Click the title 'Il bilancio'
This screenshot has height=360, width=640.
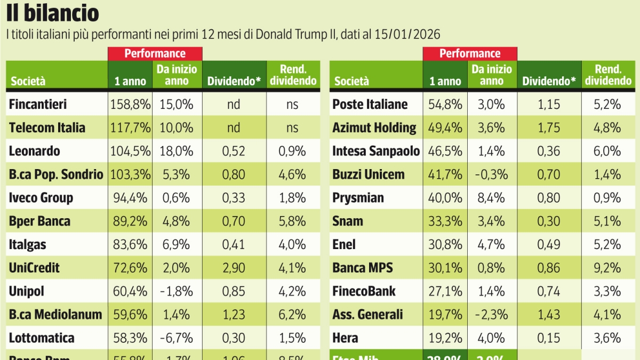53,13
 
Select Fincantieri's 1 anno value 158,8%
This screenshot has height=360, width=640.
130,104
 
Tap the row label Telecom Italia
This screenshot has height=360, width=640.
47,127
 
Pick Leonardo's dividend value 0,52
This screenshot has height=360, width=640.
234,151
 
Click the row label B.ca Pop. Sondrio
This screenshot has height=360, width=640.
56,174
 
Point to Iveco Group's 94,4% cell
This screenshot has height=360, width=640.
130,198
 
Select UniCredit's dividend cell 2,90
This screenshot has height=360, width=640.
234,268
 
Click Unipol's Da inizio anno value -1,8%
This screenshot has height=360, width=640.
177,291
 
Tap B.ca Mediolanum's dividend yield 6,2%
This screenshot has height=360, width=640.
292,315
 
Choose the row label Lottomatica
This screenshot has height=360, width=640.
42,338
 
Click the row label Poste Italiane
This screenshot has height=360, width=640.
370,104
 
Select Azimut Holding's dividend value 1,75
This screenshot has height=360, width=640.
549,127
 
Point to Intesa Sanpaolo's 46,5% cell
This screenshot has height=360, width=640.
445,151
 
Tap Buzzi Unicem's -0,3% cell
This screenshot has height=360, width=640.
491,174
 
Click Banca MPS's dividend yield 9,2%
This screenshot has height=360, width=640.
607,268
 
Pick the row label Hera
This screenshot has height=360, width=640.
345,338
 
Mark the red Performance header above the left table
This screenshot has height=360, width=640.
155,53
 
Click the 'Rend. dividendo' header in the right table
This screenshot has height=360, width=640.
608,75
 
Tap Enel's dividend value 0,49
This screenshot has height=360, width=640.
549,244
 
